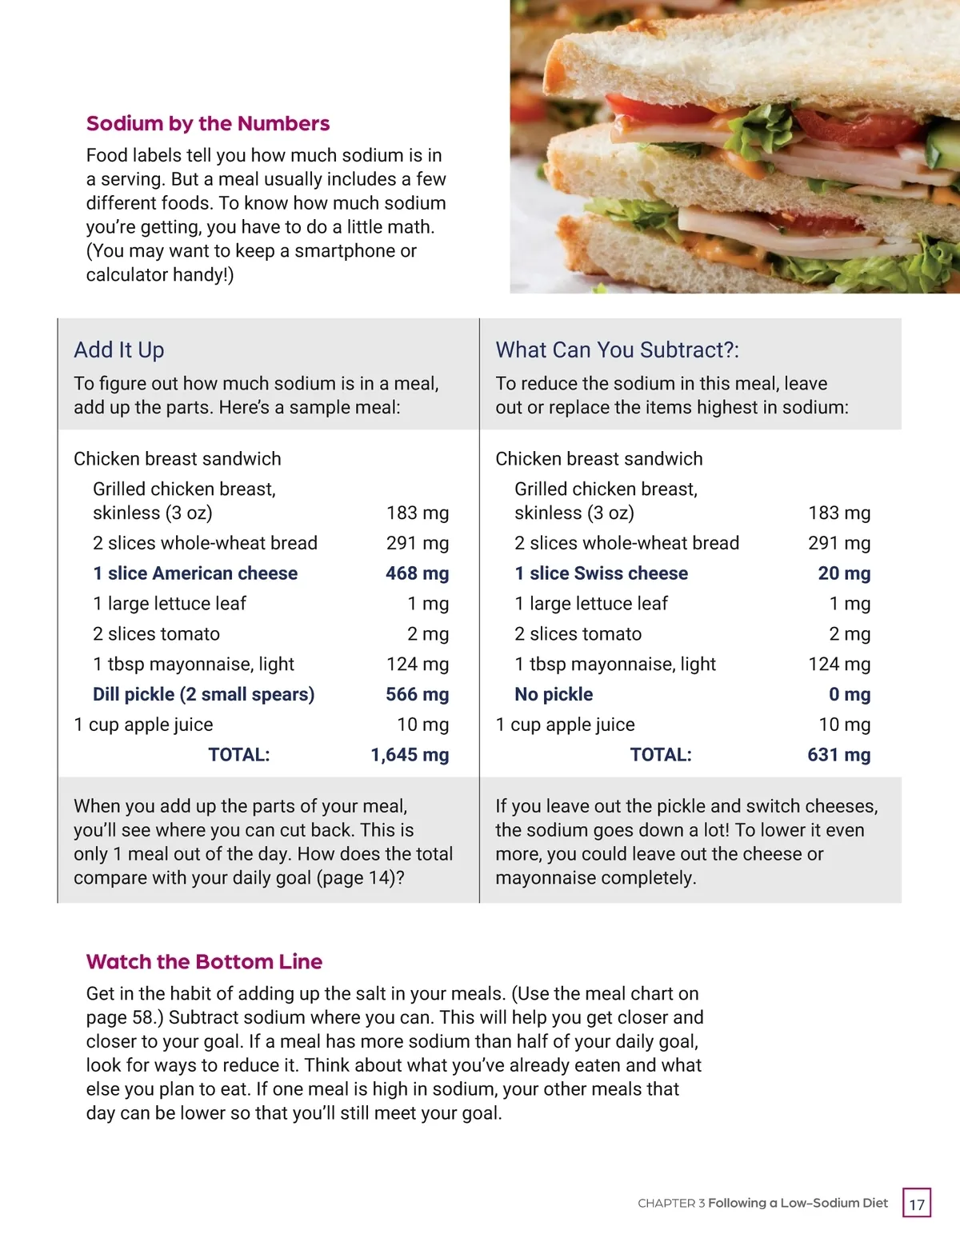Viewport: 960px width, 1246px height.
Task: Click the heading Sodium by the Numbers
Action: click(207, 123)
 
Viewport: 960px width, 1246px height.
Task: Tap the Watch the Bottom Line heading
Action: click(204, 961)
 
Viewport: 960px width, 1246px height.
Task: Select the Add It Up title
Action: click(118, 349)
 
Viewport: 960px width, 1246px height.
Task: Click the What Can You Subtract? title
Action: click(617, 349)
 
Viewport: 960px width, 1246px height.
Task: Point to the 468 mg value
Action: click(417, 573)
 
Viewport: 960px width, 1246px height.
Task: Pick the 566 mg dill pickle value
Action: click(417, 694)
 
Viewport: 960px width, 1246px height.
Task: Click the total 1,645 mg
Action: click(410, 755)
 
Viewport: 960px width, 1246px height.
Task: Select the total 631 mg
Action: click(838, 755)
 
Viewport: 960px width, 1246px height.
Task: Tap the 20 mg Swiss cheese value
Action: click(844, 573)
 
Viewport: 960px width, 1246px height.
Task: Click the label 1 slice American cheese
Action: click(194, 573)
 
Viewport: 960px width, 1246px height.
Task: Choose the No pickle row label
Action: click(554, 694)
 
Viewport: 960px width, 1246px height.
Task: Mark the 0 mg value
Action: click(850, 694)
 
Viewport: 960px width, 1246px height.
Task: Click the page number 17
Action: click(917, 1204)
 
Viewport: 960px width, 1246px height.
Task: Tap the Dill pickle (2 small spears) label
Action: click(203, 694)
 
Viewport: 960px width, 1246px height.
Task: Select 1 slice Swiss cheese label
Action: click(601, 573)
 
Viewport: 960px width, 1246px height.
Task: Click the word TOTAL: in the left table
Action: click(238, 755)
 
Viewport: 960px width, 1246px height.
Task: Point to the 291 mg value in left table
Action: click(417, 543)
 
